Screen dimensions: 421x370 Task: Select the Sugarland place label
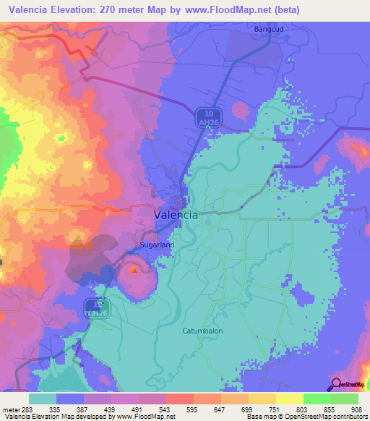[x=157, y=245]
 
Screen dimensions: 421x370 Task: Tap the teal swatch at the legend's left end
[x=43, y=399]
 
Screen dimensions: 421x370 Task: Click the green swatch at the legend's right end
[x=345, y=399]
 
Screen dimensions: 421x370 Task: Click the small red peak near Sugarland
[x=134, y=271]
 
